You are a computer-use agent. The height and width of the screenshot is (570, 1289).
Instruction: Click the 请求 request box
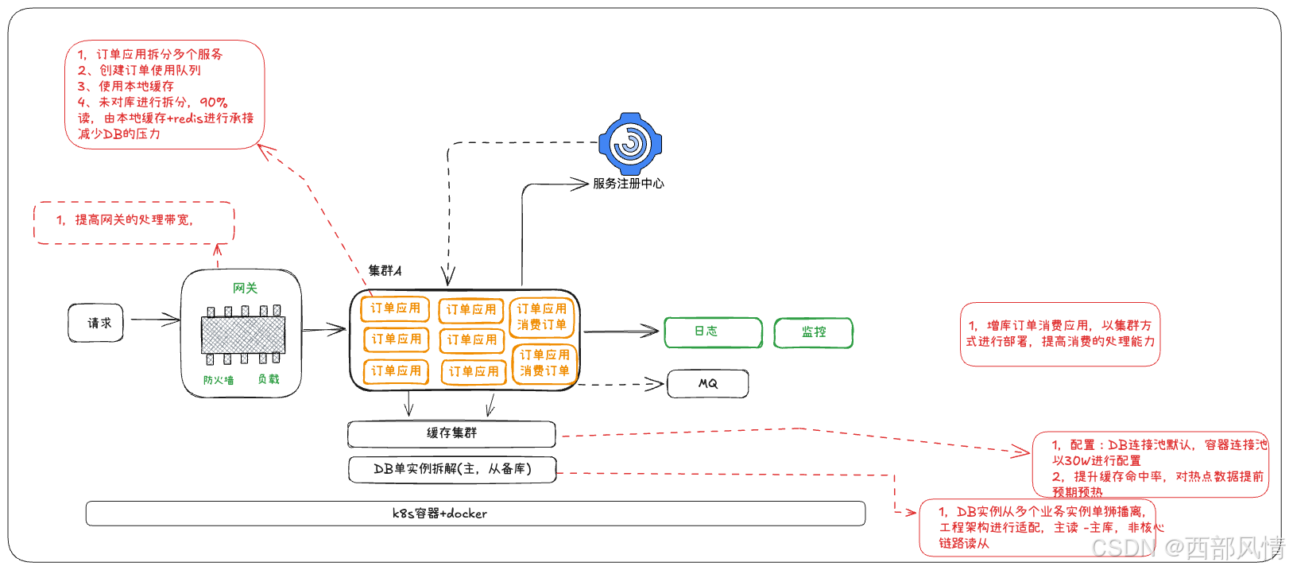[x=96, y=323]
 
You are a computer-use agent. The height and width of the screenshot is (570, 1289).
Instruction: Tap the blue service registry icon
[x=629, y=144]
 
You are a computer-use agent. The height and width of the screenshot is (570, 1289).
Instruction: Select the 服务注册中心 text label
[x=628, y=184]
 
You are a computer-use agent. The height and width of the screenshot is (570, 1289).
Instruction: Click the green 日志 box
[x=712, y=332]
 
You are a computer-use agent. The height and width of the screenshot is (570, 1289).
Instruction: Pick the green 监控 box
[x=813, y=332]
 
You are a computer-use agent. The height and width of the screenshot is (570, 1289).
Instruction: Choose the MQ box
[x=707, y=383]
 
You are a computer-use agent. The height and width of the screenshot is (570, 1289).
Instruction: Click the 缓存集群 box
[x=451, y=433]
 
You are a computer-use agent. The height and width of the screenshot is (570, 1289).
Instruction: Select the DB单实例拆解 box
[x=452, y=469]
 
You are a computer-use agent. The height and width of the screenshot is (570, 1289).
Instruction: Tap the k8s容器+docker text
[x=439, y=514]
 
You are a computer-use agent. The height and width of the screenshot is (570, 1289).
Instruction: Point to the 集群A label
[x=385, y=271]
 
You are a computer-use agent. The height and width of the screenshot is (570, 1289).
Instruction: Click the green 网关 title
[x=245, y=288]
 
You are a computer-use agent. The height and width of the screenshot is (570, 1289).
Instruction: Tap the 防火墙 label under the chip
[x=219, y=380]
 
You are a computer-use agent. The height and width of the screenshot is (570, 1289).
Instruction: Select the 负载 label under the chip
[x=269, y=379]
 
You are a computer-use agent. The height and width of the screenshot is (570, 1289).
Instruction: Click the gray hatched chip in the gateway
[x=242, y=335]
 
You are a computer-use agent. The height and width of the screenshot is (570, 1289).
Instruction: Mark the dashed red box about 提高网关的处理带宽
[x=134, y=222]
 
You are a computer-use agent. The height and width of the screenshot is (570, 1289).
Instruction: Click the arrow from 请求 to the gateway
[x=155, y=320]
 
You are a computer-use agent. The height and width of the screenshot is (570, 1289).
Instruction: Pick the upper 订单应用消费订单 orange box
[x=541, y=316]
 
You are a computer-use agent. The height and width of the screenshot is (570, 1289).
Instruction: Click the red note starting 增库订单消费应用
[x=1059, y=334]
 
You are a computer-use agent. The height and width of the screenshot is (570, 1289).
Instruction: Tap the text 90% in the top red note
[x=214, y=102]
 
